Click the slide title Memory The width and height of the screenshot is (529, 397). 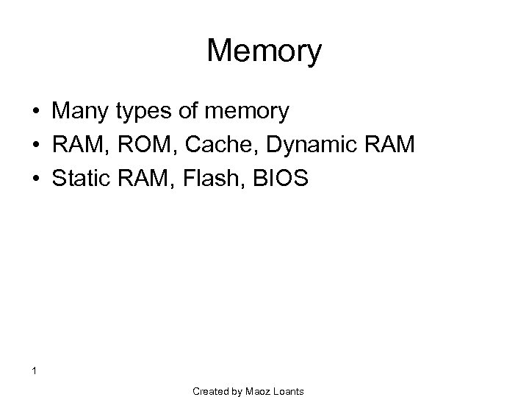point(264,51)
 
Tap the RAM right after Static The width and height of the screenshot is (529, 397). point(138,177)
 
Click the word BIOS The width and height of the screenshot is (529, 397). point(270,177)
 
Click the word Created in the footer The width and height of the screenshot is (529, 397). point(212,391)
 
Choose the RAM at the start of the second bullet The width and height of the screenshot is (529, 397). point(75,145)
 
